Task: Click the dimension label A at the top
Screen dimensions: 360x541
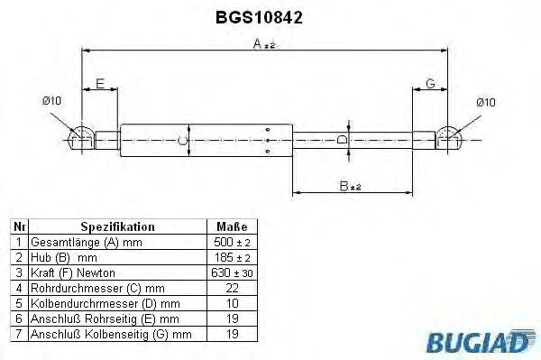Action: (258, 42)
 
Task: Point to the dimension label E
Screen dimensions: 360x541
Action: (100, 83)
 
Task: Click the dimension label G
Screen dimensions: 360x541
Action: (430, 83)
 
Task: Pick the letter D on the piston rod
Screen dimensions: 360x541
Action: (340, 140)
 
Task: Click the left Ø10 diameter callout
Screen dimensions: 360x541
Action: (51, 101)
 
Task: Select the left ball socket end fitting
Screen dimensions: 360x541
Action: (82, 137)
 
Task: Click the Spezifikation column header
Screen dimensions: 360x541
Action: (117, 227)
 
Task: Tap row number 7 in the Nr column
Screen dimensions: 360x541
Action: (18, 334)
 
